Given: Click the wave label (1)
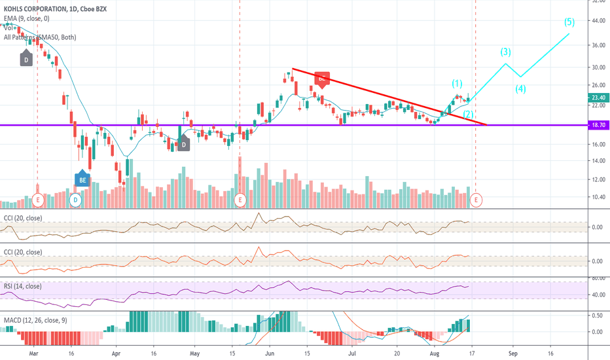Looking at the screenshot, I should (457, 83).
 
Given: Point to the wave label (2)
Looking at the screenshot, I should (468, 114).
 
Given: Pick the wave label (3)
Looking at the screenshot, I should (506, 52).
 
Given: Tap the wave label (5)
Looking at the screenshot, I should (569, 22).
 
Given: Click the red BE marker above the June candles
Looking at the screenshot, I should (321, 78).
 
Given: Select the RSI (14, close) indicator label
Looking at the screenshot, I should (23, 286).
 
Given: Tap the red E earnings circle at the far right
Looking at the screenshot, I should (476, 198).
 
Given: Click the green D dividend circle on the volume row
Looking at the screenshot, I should (75, 198).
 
